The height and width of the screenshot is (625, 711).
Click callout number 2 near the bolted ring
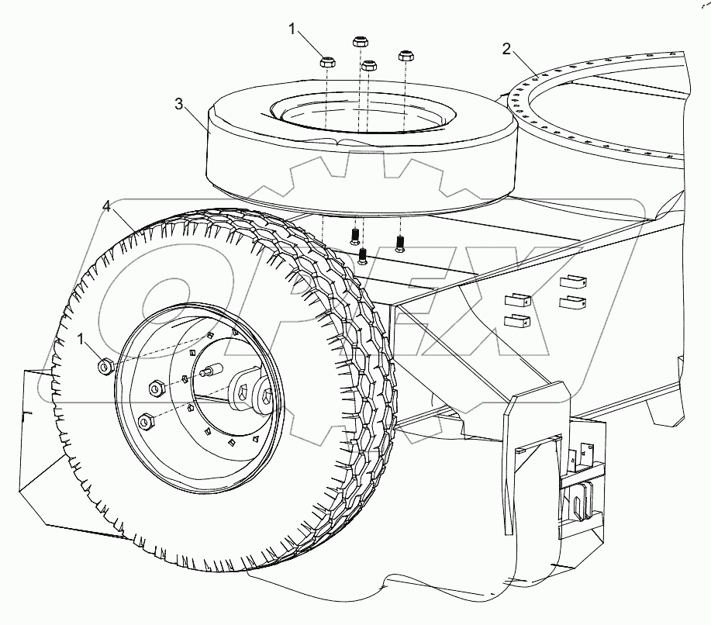coord(506,49)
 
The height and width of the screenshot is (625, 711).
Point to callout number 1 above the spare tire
coord(292,29)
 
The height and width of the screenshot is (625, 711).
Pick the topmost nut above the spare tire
coord(360,42)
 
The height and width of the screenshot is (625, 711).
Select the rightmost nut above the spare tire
coord(406,57)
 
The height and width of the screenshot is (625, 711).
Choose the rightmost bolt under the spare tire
coord(400,243)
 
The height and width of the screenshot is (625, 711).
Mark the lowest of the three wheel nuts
coord(144,421)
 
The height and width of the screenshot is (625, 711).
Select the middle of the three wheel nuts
coord(155,387)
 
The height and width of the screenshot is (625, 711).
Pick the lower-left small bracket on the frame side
coord(516,320)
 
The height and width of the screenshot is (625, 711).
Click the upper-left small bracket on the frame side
coord(516,299)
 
